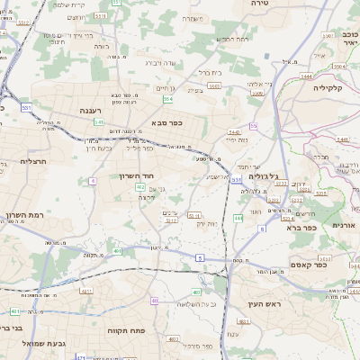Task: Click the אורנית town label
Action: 345,225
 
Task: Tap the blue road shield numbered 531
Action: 26,107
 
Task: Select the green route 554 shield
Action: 167,99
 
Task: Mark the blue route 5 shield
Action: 198,257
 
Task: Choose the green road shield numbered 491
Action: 119,252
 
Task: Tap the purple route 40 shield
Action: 155,301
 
